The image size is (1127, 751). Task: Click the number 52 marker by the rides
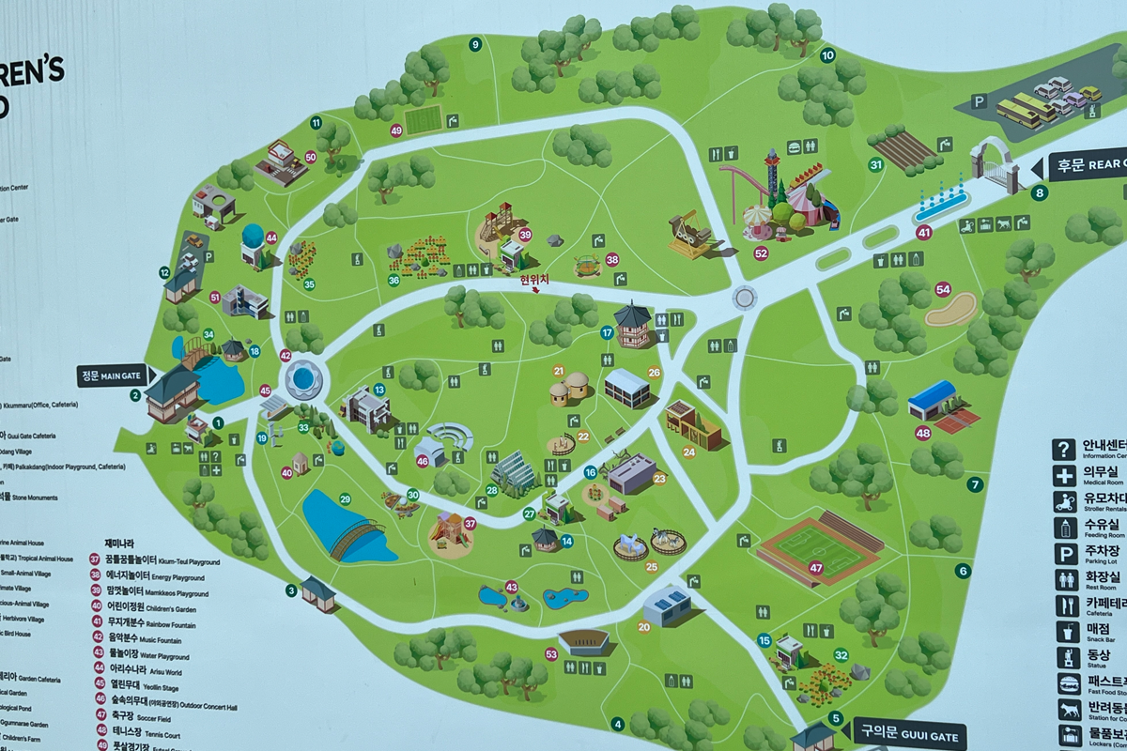coord(761,253)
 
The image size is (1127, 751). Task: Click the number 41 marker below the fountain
coord(924,232)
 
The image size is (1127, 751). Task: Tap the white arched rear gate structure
coord(994,164)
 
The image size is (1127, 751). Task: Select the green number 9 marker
coord(475,44)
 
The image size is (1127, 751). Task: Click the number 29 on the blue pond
coord(345,499)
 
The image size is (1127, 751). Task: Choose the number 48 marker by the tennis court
coord(923,433)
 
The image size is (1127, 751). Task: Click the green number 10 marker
coord(827,54)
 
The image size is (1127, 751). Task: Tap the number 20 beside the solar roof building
coord(644,626)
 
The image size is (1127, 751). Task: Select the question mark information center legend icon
coord(1063,449)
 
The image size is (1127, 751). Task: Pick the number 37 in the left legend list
coord(95,559)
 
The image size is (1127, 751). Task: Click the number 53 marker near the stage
coord(551,653)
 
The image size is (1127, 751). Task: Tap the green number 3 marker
coord(291,590)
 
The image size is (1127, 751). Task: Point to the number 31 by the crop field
coord(876,165)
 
